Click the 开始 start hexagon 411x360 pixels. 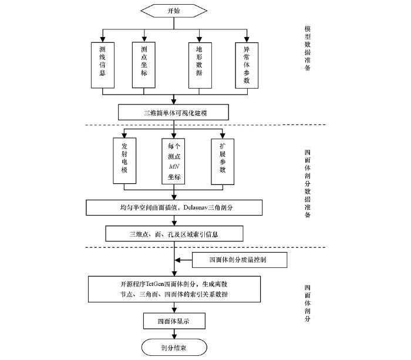point(174,11)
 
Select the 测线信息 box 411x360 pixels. point(103,65)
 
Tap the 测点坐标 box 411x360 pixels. point(144,65)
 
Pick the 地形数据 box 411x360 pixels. point(200,65)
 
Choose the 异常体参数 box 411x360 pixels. point(247,65)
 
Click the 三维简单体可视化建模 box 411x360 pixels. point(173,113)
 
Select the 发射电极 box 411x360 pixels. point(124,161)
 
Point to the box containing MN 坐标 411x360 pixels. point(173,161)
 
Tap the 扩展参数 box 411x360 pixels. point(223,162)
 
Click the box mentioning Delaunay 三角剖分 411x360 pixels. point(174,208)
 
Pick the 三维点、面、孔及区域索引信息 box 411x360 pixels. point(174,234)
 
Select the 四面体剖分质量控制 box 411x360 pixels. point(240,260)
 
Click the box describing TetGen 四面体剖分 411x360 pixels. point(174,289)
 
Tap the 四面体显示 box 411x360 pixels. point(174,321)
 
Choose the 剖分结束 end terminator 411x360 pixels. point(174,348)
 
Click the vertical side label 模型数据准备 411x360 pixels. point(308,48)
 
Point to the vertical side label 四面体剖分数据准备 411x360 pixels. point(308,184)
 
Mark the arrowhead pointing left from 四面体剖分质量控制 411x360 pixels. point(178,260)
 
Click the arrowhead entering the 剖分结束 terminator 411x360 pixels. point(174,337)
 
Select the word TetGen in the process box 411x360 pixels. point(154,284)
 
